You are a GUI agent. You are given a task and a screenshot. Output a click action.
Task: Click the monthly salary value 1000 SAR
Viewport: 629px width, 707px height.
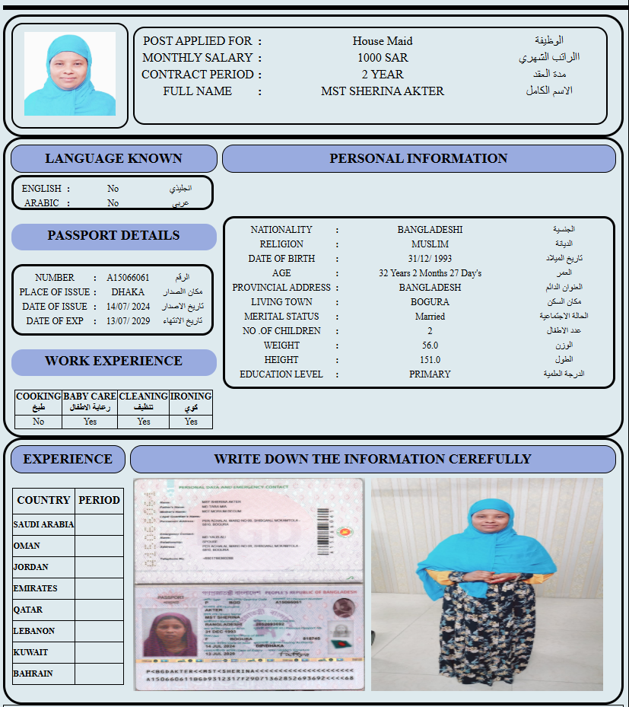pos(383,58)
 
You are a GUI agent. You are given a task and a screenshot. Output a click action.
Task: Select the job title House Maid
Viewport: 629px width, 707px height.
pos(383,41)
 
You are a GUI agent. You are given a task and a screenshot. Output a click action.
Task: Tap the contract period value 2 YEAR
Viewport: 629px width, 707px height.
pos(383,75)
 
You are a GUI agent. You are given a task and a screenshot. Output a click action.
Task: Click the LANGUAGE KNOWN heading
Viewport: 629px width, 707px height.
pos(113,158)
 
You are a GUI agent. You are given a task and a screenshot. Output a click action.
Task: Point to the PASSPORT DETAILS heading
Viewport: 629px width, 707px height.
pos(113,236)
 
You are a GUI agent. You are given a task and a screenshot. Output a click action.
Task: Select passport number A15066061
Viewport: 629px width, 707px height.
pos(128,278)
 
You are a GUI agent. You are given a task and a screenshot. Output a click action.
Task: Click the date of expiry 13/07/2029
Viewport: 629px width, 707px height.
pos(129,321)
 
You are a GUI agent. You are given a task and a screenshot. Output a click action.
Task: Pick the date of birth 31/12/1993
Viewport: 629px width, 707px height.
pos(430,259)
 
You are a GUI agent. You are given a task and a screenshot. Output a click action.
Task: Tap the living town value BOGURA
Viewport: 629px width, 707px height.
pos(430,302)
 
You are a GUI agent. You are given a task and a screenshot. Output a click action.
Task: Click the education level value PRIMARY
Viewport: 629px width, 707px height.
pos(430,374)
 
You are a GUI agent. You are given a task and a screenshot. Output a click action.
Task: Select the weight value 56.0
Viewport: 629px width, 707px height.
pos(430,346)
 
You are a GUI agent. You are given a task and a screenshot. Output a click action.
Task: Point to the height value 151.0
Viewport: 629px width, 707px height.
pos(430,360)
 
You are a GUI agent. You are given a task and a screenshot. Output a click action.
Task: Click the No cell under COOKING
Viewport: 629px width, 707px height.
pos(38,422)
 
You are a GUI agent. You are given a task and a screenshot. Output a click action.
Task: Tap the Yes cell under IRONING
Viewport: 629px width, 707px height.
pos(191,422)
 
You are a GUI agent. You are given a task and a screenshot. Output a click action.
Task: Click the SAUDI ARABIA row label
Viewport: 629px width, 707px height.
pos(44,524)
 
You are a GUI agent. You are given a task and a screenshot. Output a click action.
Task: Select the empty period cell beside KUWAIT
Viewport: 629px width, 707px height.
pos(99,652)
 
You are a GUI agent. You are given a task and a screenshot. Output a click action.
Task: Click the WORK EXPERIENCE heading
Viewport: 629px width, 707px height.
pos(113,361)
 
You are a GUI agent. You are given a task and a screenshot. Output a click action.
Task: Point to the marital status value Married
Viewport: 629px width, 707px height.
pos(430,317)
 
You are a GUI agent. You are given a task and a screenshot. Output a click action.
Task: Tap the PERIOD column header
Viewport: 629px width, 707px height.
pos(99,500)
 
